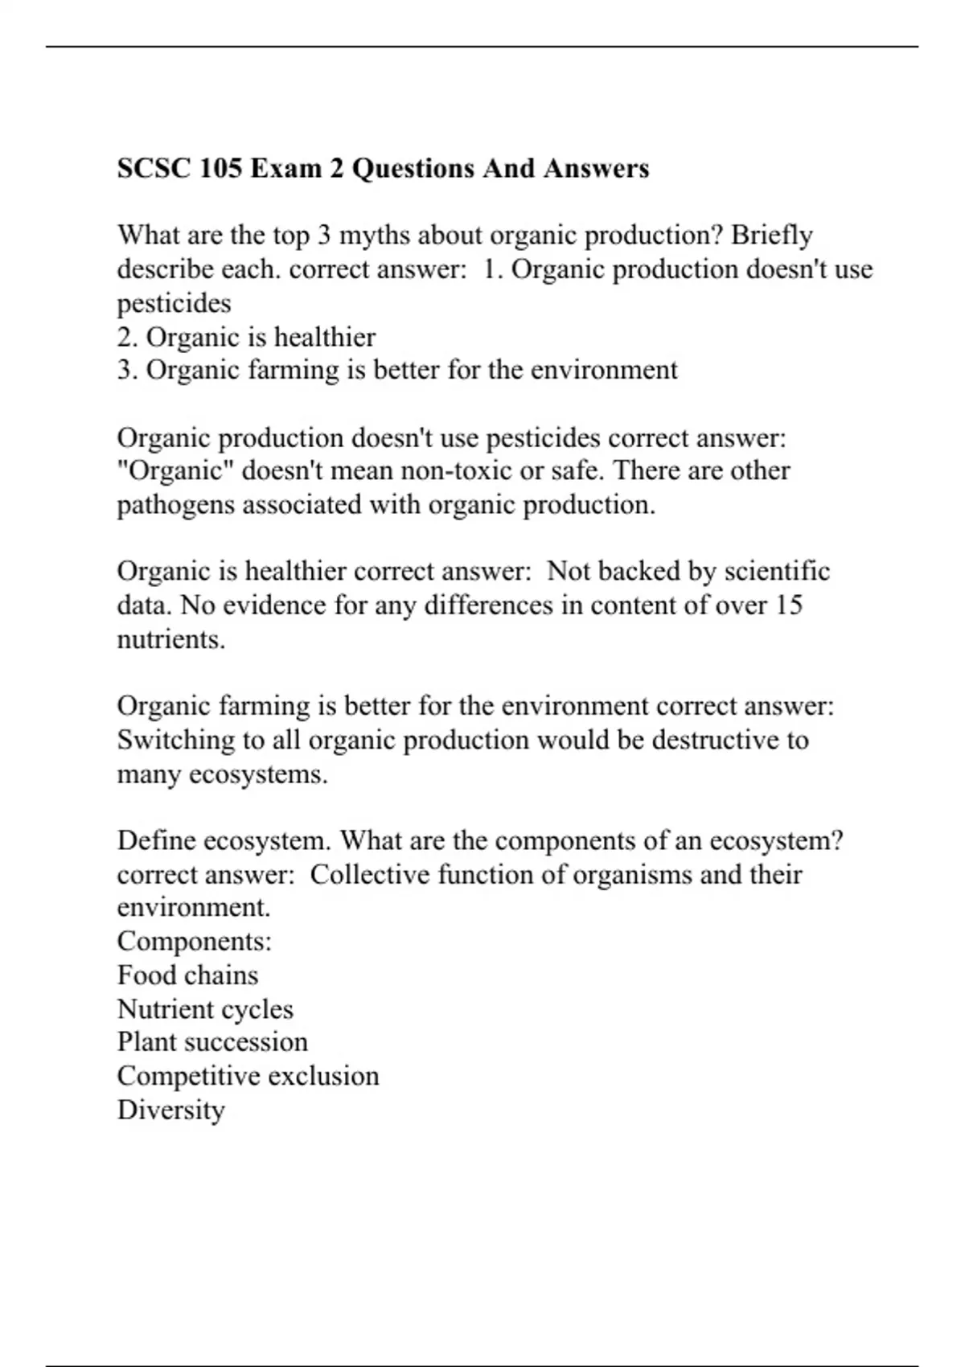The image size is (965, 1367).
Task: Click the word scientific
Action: (777, 572)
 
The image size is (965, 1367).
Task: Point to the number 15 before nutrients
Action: (788, 606)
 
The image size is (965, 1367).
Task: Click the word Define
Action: (156, 841)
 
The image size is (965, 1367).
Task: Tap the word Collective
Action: (368, 875)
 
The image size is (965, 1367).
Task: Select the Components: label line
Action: (195, 942)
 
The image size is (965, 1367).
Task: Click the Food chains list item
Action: (187, 975)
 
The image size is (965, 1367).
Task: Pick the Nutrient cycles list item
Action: (205, 1009)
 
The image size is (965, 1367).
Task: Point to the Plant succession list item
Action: (212, 1042)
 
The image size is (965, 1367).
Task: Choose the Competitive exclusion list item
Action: (248, 1076)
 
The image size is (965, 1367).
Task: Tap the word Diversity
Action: (170, 1110)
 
